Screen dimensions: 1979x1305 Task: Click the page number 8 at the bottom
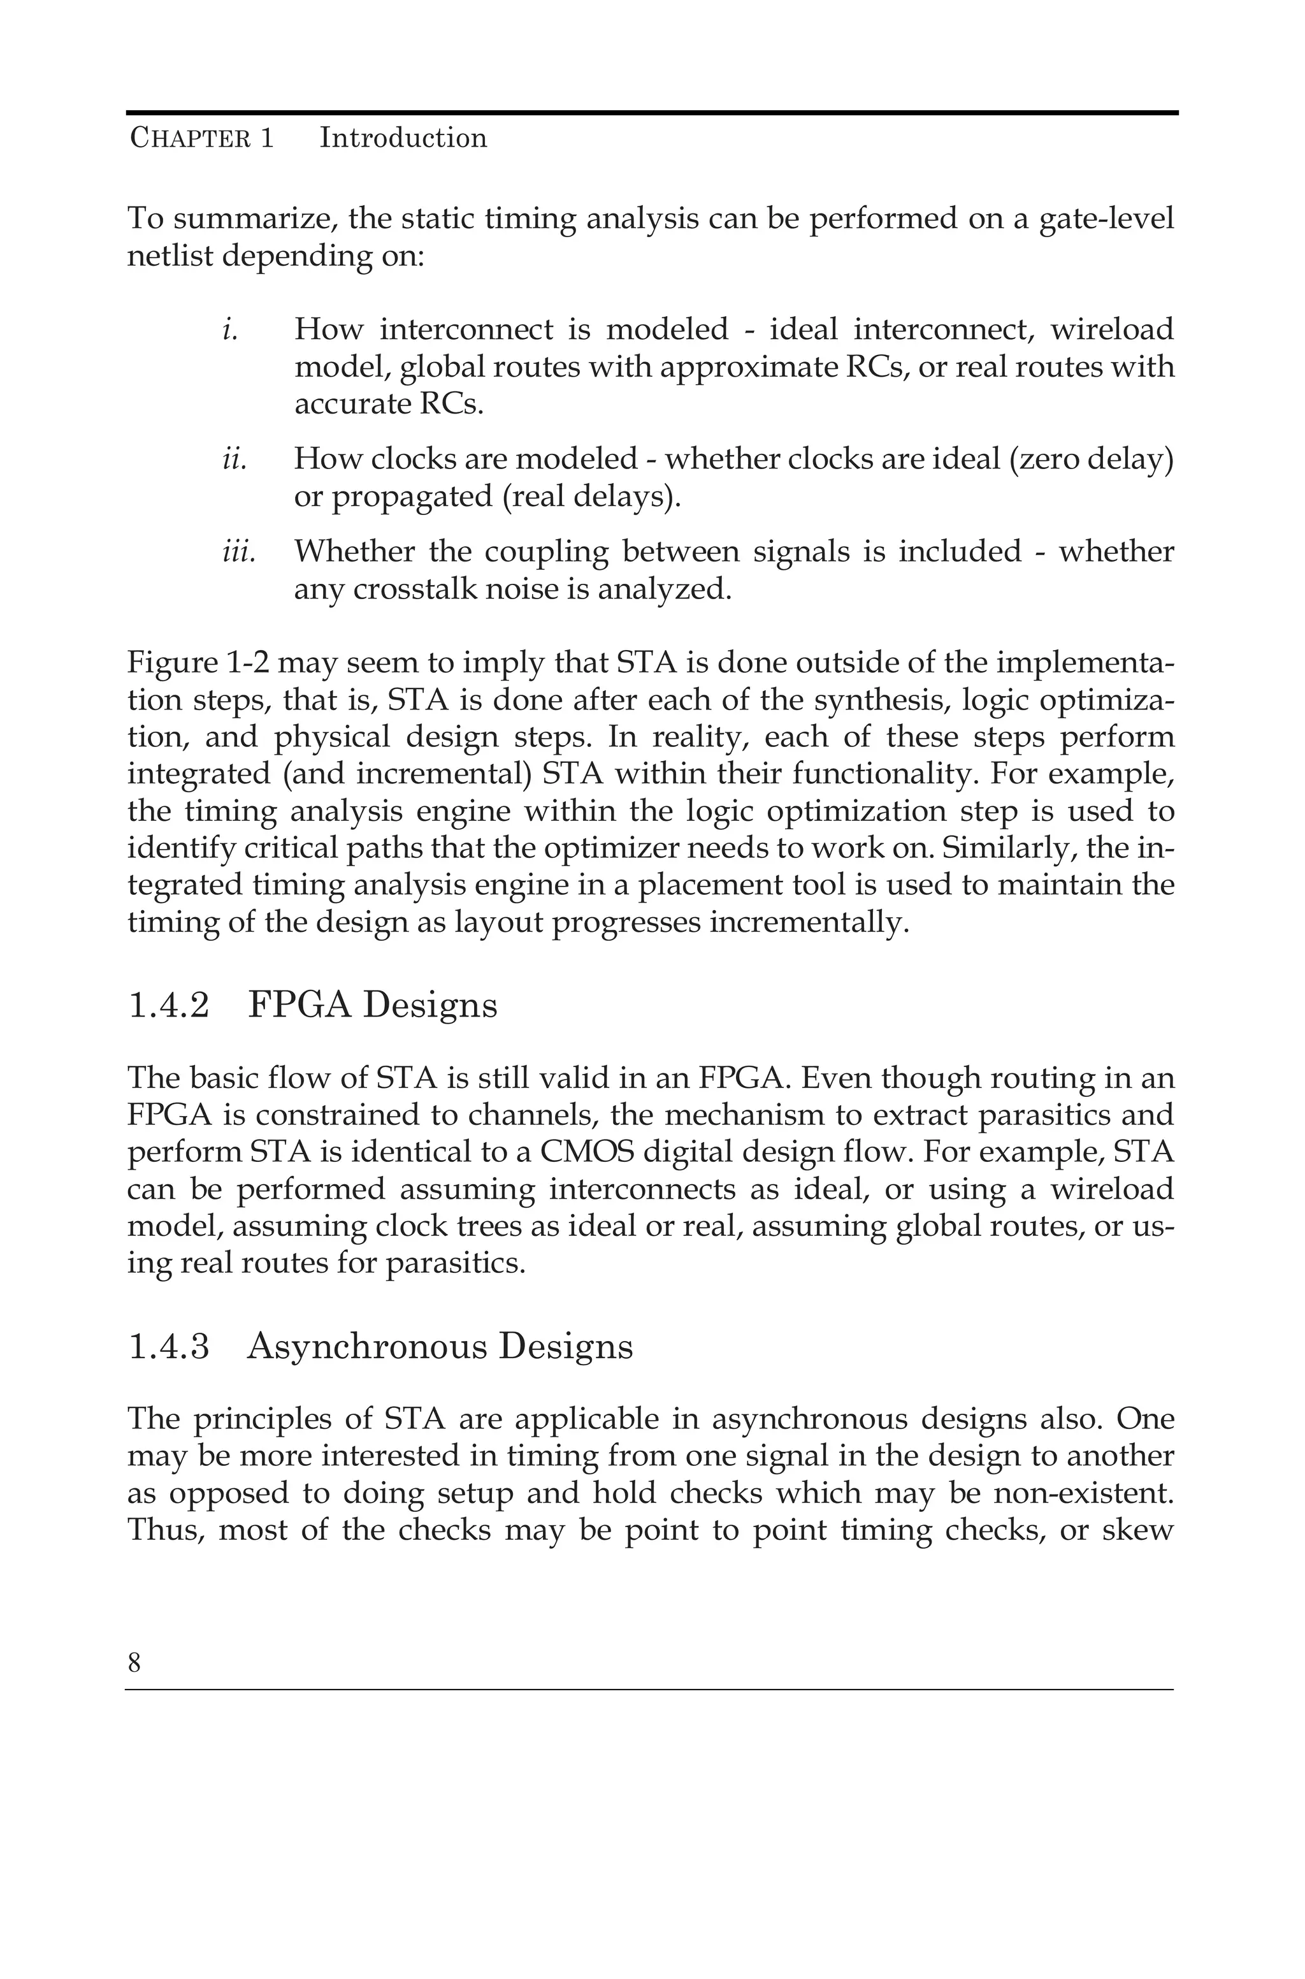tap(134, 1664)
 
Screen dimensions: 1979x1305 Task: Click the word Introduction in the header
tap(403, 138)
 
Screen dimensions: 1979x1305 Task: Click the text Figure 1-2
tap(198, 663)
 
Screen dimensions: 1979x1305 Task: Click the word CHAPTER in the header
tap(190, 138)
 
